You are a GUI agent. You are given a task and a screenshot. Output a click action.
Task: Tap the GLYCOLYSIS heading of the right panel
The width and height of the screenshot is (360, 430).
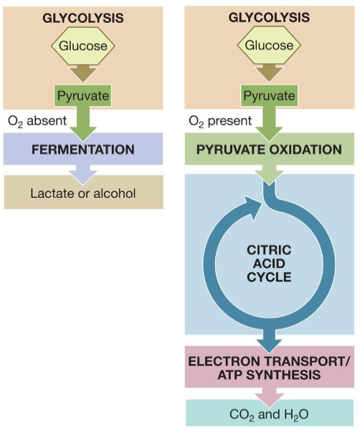tap(269, 16)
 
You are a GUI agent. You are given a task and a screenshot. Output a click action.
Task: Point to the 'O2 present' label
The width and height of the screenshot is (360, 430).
tap(219, 121)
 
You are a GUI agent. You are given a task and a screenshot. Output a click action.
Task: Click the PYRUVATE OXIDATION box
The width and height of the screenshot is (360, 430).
tap(269, 150)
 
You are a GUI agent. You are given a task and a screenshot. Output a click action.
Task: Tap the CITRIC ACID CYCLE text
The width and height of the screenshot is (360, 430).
tap(269, 263)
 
